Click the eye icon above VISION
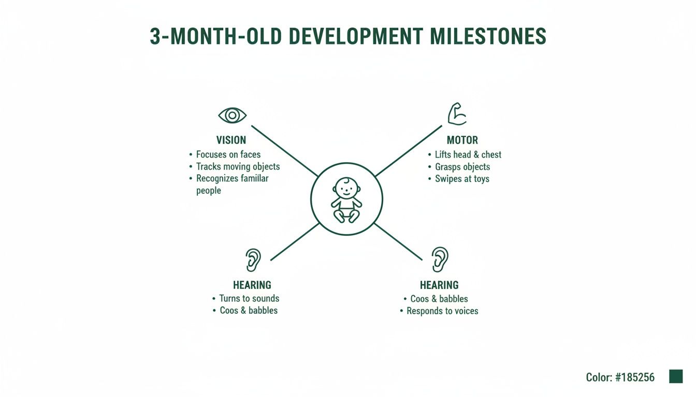233,115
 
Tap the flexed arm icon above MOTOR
457,114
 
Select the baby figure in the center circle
346,200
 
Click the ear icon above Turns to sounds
253,259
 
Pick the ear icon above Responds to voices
440,259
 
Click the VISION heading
231,140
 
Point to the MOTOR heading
462,140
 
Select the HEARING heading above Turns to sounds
252,285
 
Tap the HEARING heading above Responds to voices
439,285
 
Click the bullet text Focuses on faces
228,155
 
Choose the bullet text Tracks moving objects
238,166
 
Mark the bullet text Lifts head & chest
468,155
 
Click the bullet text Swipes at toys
462,179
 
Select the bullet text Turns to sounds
249,298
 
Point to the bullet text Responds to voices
442,311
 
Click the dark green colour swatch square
676,376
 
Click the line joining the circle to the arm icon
409,150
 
